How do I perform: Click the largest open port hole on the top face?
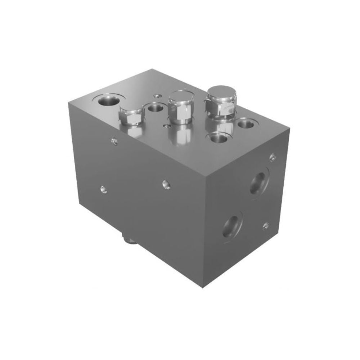pos(107,100)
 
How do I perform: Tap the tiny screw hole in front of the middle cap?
pos(166,126)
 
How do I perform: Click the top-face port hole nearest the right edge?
pos(246,125)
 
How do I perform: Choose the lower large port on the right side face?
pos(231,226)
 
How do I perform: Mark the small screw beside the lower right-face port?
pos(266,226)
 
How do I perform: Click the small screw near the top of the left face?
pos(114,141)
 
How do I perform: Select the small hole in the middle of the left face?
pos(166,184)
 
